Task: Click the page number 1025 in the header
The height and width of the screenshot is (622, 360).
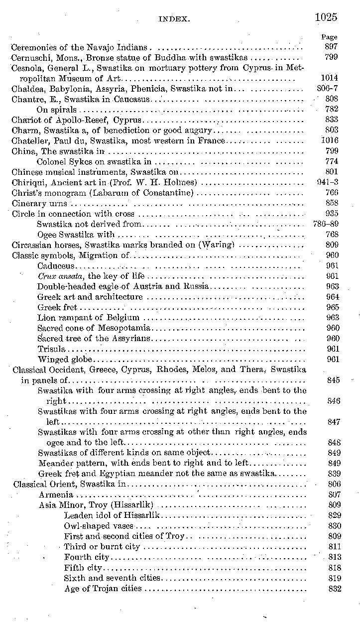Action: (326, 17)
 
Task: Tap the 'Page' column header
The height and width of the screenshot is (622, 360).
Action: (329, 37)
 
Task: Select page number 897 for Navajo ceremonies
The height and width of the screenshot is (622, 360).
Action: (331, 47)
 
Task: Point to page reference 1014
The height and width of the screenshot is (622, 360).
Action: (329, 78)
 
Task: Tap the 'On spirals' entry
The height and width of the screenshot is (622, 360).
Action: (57, 110)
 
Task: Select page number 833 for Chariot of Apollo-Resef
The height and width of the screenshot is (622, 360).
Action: (332, 120)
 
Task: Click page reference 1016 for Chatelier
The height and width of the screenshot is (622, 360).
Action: (329, 140)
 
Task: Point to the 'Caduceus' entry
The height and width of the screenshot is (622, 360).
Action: (56, 265)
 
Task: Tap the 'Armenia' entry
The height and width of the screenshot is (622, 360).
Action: (56, 495)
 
